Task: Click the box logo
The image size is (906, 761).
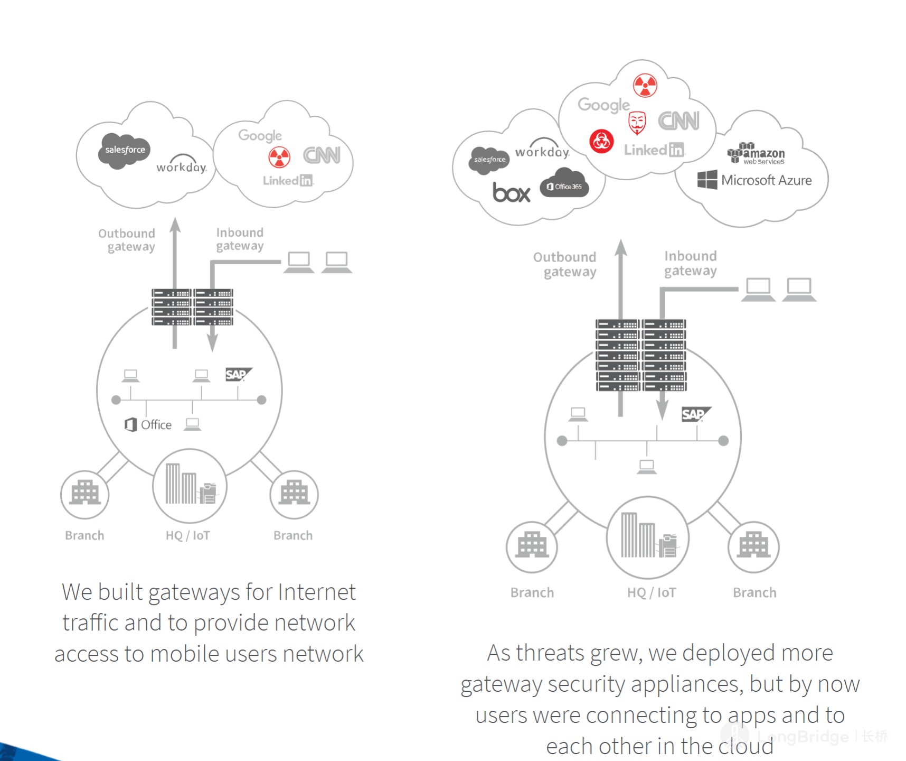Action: [511, 193]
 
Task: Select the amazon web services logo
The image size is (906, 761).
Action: [756, 153]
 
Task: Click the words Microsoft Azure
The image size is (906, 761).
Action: [766, 180]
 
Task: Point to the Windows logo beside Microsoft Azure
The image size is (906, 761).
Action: [707, 180]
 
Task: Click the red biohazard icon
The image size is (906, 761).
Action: [601, 141]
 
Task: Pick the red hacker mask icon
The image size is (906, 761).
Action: [637, 123]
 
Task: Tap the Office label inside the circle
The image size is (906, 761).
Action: [156, 425]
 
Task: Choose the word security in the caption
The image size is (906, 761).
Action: [587, 684]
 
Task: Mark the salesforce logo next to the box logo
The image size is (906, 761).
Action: [489, 159]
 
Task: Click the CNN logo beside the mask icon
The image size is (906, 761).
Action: [678, 121]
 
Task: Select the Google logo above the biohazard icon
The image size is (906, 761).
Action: [603, 105]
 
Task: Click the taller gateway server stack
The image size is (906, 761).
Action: [641, 355]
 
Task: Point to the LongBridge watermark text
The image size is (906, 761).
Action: [808, 737]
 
